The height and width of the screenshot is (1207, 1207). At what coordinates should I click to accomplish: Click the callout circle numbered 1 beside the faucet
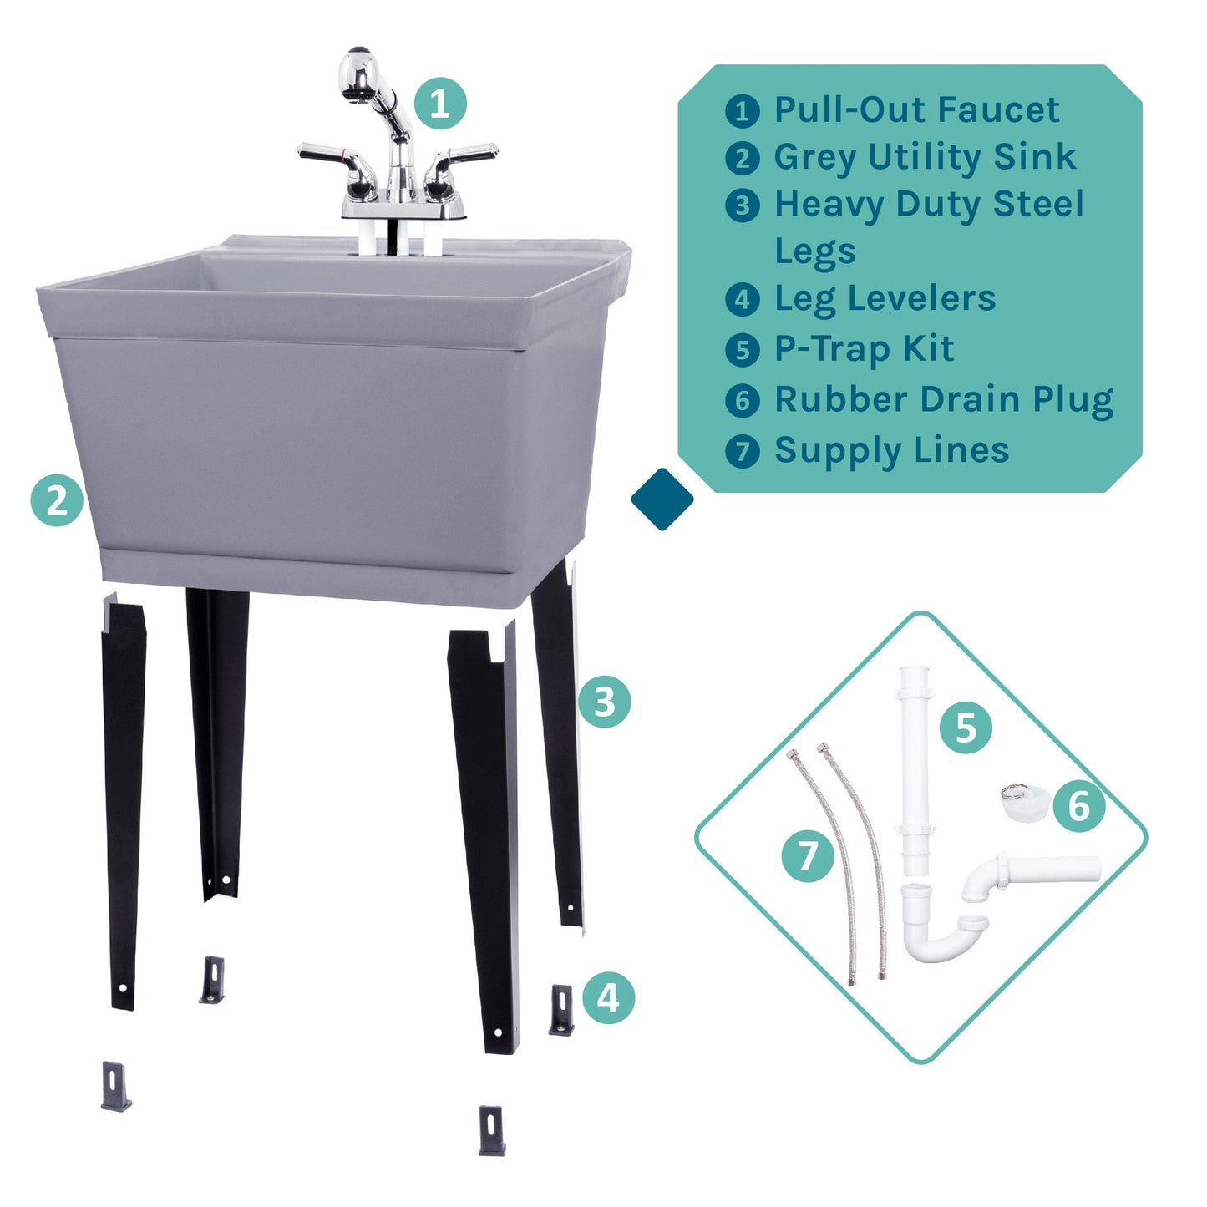[x=440, y=104]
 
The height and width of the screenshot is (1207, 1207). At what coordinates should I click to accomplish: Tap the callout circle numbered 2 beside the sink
[x=57, y=500]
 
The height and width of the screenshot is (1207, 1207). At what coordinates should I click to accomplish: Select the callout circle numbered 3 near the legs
[x=604, y=702]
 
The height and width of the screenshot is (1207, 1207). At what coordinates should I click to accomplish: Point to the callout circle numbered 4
[x=608, y=997]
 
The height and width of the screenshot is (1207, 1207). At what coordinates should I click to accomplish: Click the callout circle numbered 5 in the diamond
[x=966, y=728]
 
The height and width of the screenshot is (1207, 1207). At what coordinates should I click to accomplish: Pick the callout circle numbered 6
[x=1078, y=806]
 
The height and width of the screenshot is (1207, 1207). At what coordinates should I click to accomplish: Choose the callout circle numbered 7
[x=808, y=855]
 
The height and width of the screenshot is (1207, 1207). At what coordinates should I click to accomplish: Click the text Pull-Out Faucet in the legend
[x=916, y=109]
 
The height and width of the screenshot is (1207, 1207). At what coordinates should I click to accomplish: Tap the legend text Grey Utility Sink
[x=925, y=157]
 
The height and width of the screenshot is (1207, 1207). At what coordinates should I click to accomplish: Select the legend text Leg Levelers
[x=885, y=298]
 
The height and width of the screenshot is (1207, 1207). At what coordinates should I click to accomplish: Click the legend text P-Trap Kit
[x=864, y=349]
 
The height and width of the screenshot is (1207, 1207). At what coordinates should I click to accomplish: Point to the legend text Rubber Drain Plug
[x=943, y=400]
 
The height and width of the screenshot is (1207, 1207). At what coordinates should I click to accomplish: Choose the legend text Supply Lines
[x=891, y=450]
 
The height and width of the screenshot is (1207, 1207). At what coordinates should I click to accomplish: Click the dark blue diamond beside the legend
[x=662, y=499]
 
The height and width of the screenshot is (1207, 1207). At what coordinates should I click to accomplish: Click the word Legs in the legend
[x=815, y=251]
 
